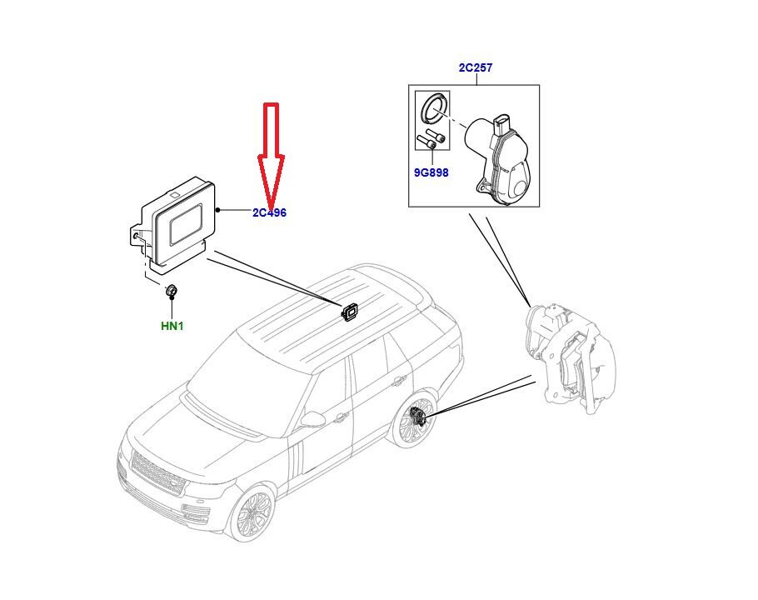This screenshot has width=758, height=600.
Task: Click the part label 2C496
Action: point(269,212)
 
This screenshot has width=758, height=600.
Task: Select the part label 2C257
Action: point(475,67)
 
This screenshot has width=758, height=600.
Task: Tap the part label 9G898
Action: point(431,172)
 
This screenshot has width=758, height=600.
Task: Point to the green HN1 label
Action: point(172,327)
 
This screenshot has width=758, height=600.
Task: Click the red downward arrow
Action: point(271,155)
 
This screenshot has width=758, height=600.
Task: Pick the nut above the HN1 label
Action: point(171,291)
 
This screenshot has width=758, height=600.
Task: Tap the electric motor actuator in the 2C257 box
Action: point(498,159)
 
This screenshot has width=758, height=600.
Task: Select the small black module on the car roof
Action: point(349,311)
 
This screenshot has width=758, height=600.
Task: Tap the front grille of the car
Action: point(158,472)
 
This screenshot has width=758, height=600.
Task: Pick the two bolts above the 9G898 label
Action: point(431,139)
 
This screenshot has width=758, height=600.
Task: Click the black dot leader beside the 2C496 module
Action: point(218,210)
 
